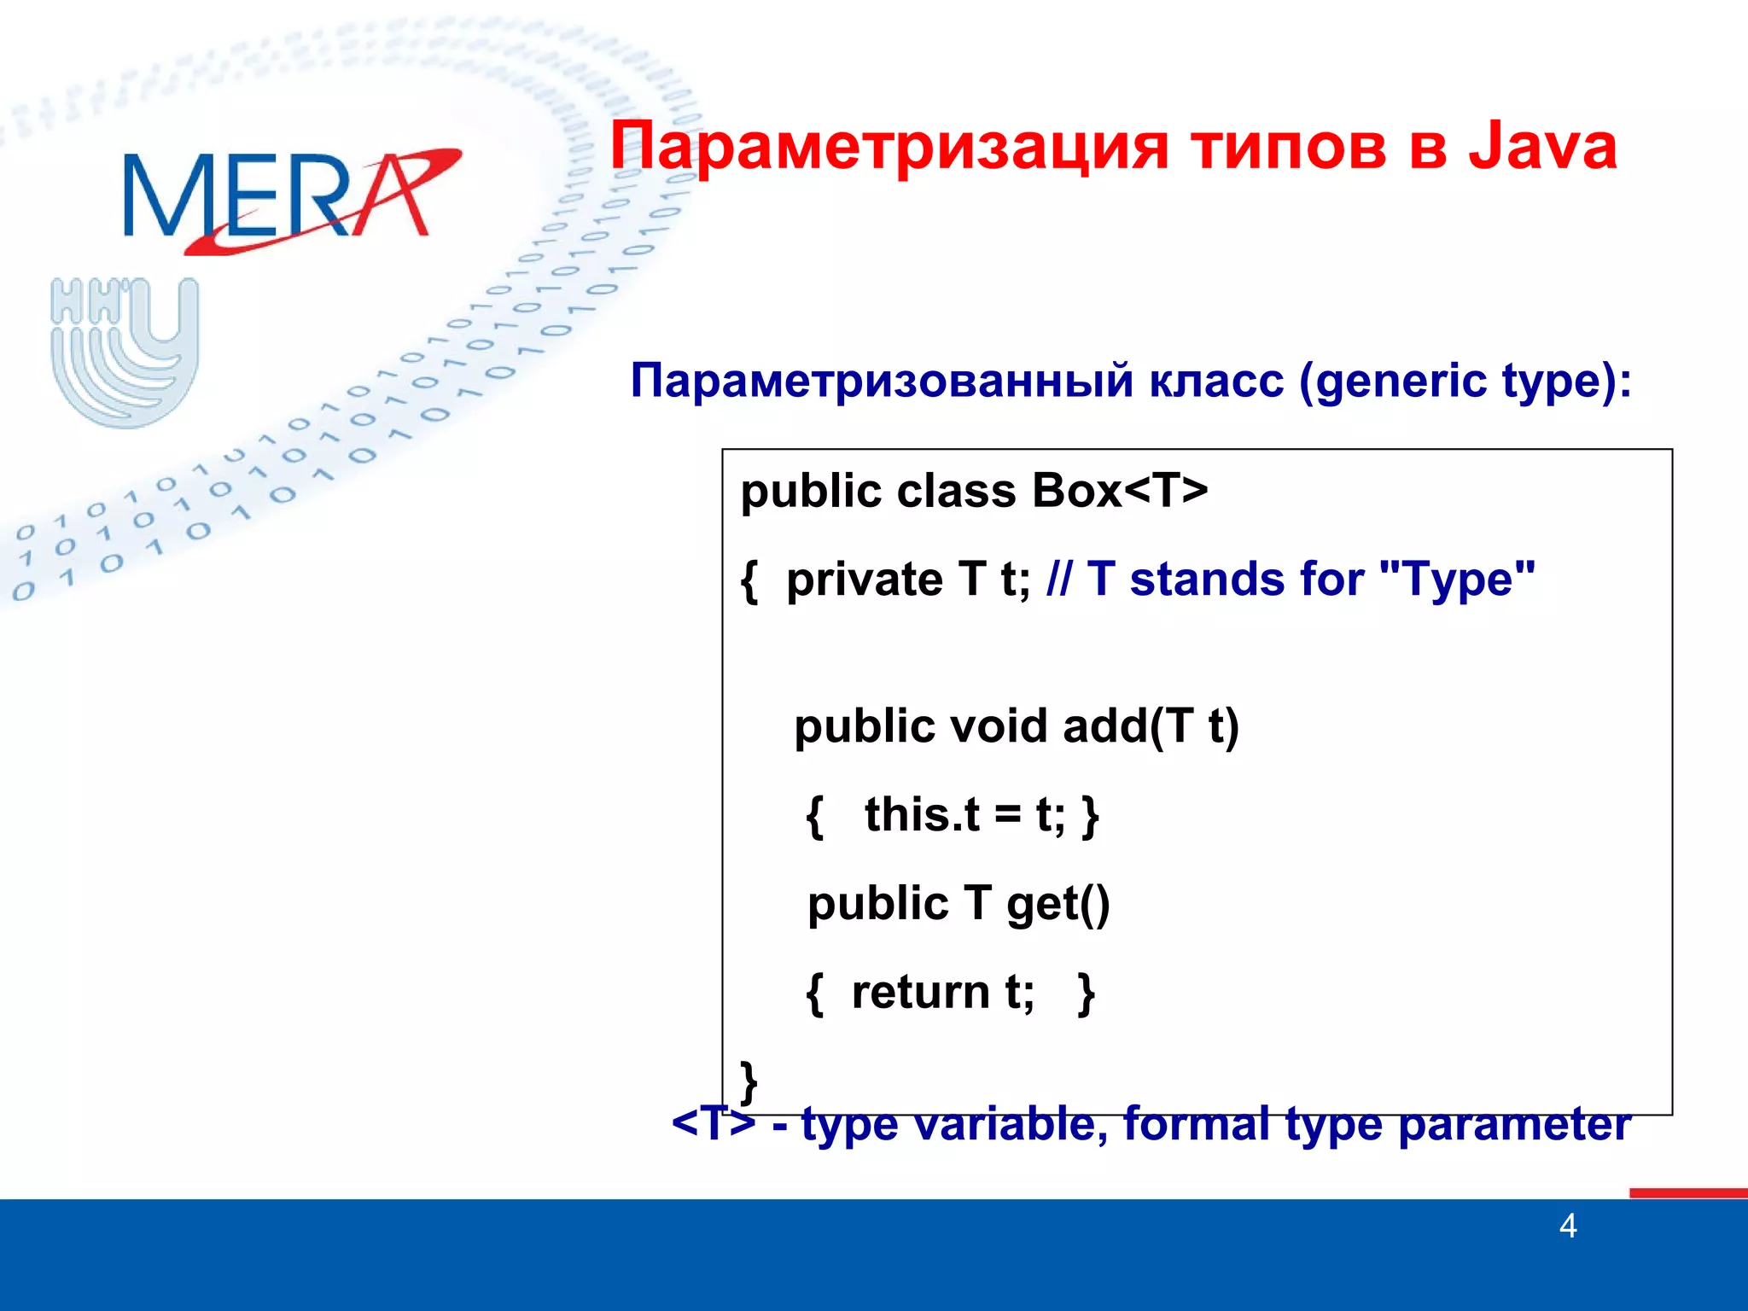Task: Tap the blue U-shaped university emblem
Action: click(125, 352)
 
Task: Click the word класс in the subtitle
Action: click(1215, 381)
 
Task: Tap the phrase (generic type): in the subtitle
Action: click(1465, 382)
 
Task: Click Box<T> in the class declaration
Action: click(1119, 491)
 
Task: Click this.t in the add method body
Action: click(921, 814)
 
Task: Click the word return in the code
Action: click(920, 993)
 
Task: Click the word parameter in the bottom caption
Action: click(1514, 1125)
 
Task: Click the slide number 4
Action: click(1567, 1227)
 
